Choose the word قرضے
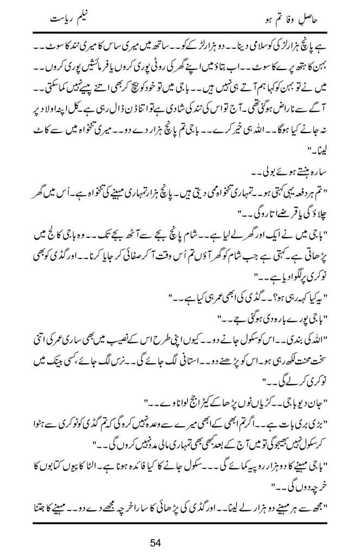(x=275, y=212)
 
